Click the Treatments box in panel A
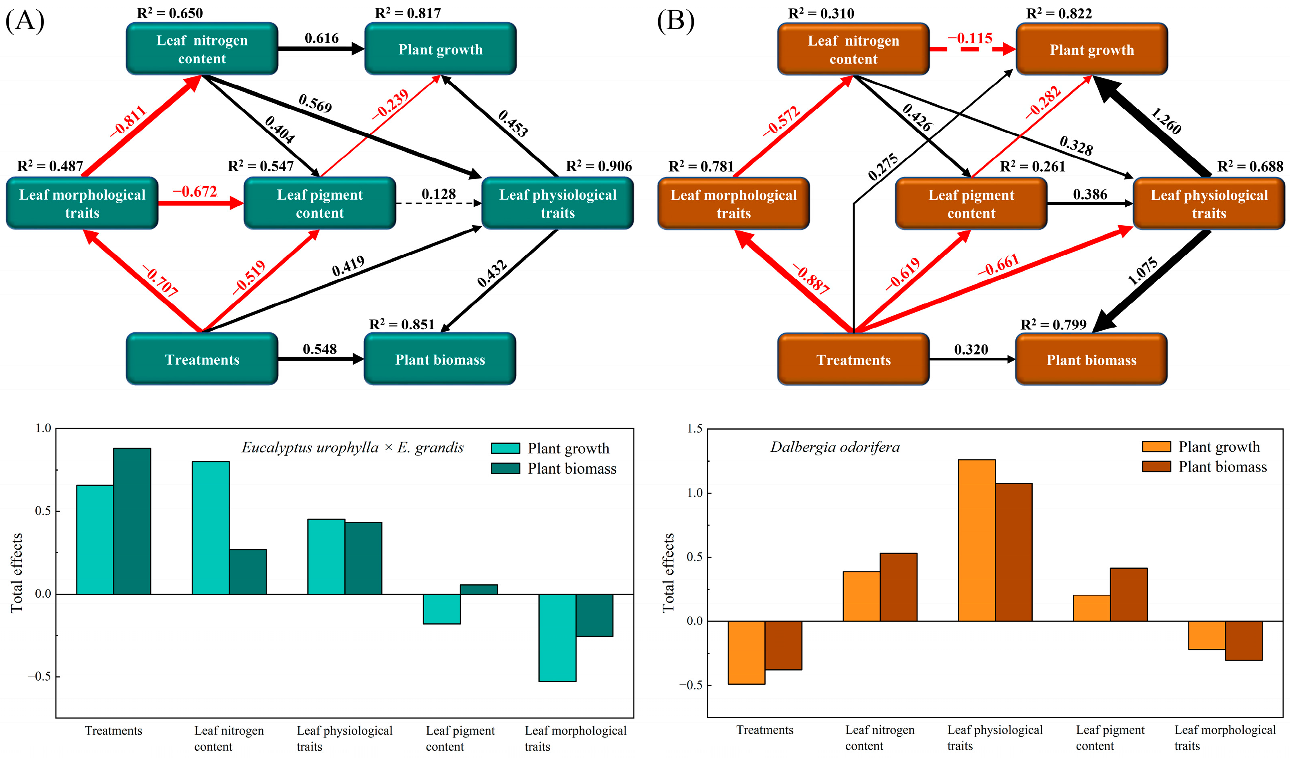(202, 359)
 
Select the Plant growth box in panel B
(1091, 50)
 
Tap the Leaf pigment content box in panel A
(319, 204)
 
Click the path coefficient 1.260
(1166, 121)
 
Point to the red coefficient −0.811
(128, 121)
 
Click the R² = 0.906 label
(598, 166)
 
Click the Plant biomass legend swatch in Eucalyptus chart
(505, 468)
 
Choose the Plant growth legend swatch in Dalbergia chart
(1156, 446)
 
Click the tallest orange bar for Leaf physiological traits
(976, 540)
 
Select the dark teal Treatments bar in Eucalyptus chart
(132, 521)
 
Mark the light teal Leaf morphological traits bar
(557, 637)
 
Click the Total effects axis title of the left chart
(17, 572)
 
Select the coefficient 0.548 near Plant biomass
(319, 349)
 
